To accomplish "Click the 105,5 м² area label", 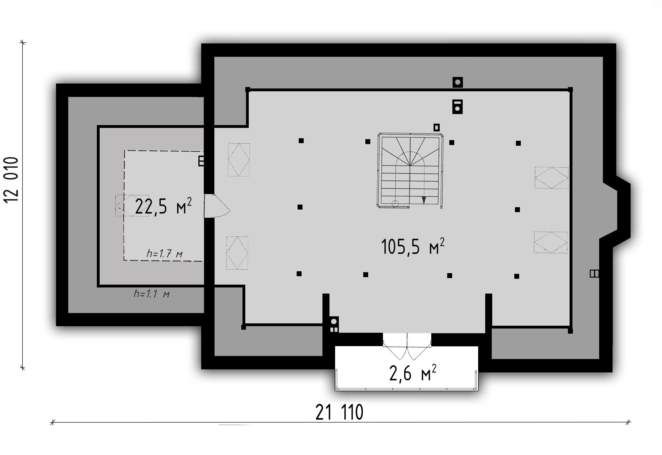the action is click(412, 247).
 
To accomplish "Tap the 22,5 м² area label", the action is click(163, 206).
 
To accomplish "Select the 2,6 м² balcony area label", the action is click(413, 373).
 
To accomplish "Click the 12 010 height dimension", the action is click(11, 180).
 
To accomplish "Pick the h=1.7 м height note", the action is click(164, 253).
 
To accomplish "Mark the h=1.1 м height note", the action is click(152, 294).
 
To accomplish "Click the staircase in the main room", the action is click(410, 170).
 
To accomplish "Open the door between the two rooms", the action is click(216, 206).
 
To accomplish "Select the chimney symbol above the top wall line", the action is click(458, 82).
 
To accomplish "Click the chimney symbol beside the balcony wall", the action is click(334, 321).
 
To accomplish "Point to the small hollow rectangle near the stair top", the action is click(436, 127).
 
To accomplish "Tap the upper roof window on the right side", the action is click(552, 178).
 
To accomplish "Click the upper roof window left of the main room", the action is click(239, 160).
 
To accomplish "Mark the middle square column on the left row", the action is click(300, 207).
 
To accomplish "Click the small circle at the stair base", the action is click(395, 203).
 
